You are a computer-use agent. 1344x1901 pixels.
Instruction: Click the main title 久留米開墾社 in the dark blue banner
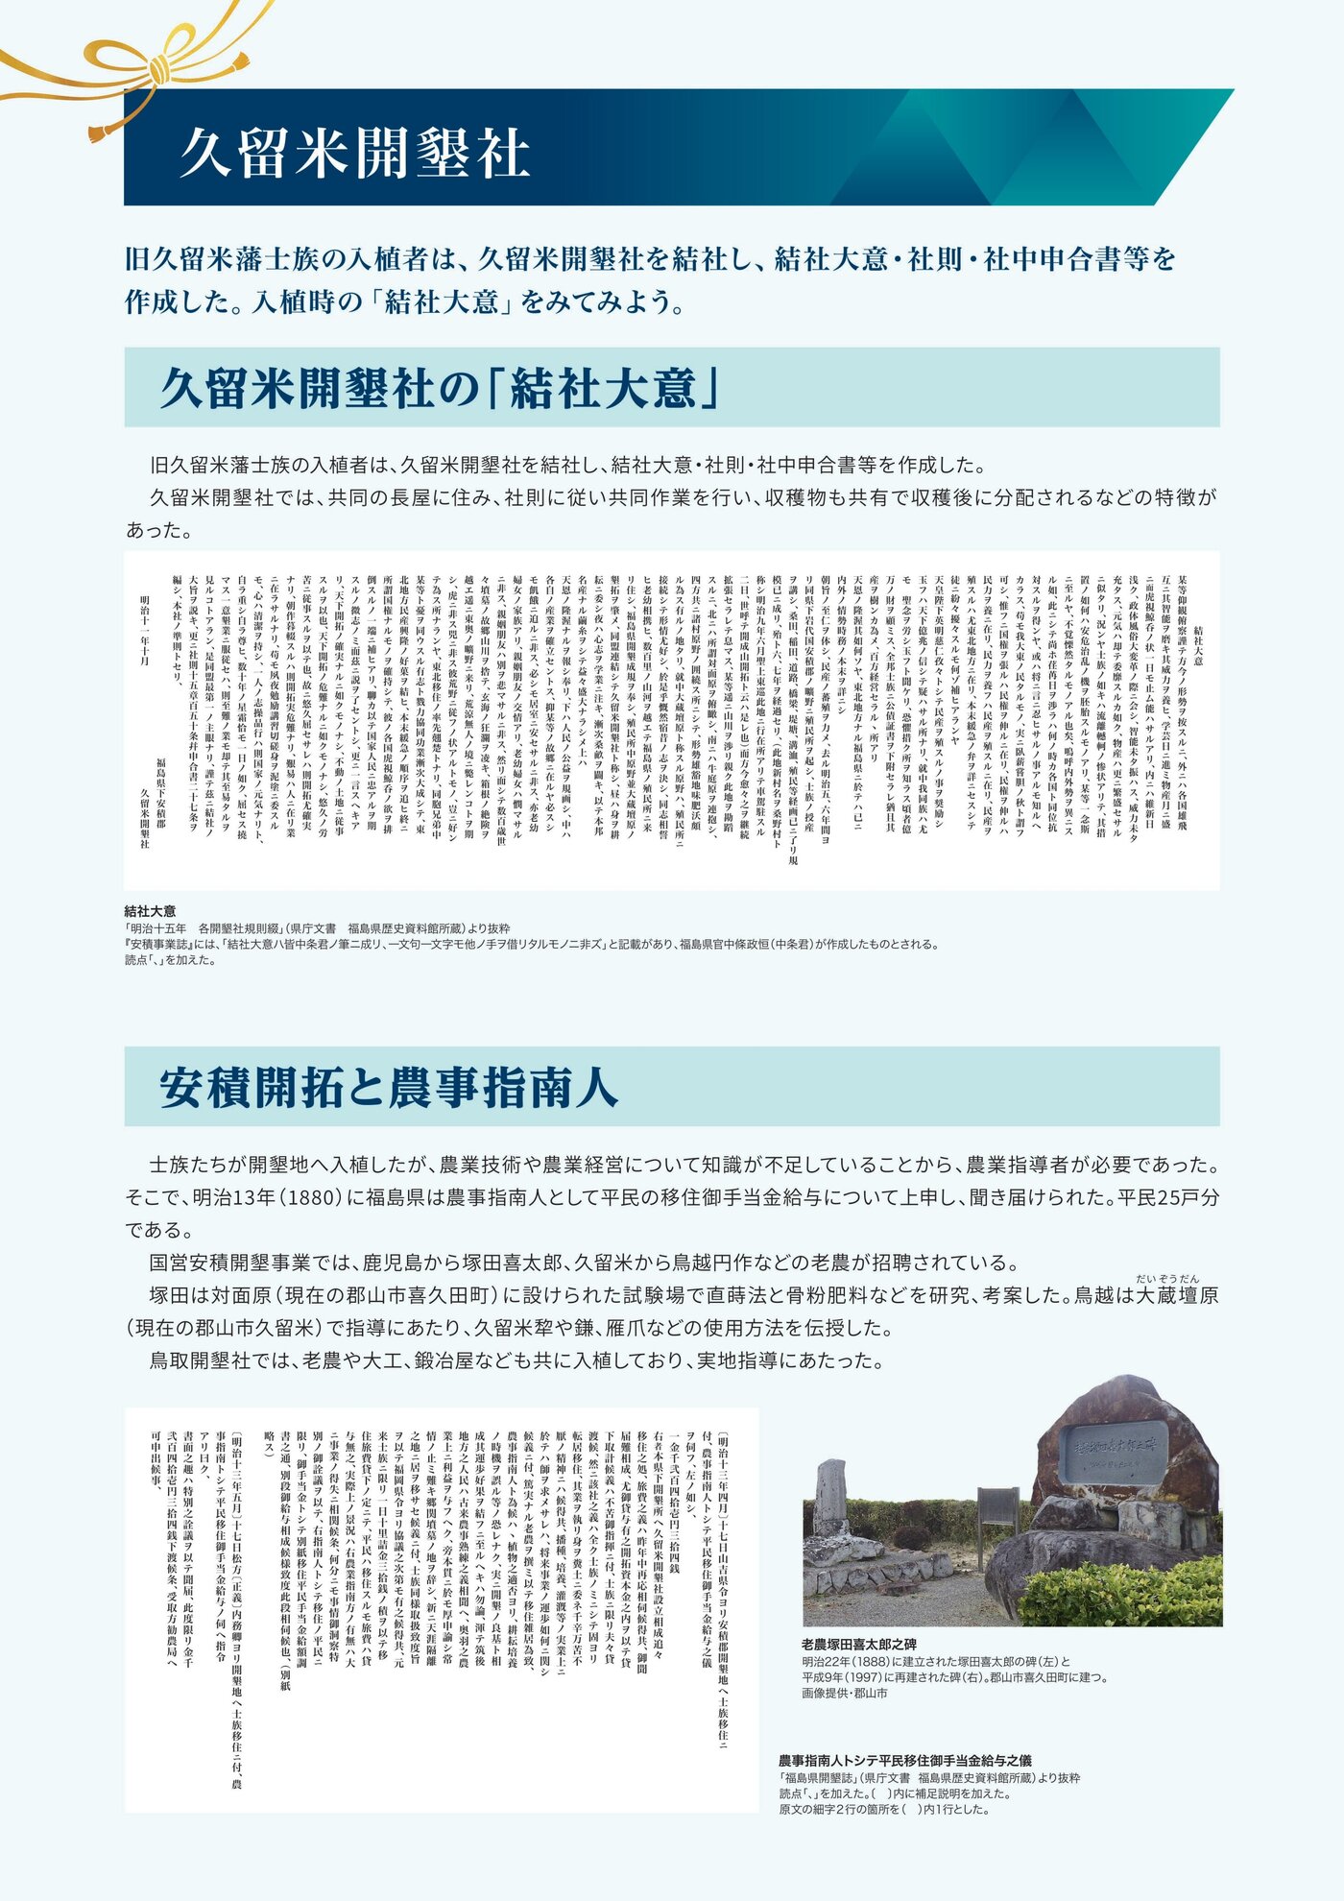coord(355,152)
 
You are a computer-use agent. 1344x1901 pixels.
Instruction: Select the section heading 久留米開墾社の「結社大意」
coord(441,388)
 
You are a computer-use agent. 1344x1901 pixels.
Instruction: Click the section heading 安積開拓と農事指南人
coord(388,1087)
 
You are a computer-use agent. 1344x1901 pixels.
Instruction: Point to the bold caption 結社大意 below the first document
coord(150,911)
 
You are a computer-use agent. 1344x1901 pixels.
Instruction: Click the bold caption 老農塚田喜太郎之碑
coord(858,1644)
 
